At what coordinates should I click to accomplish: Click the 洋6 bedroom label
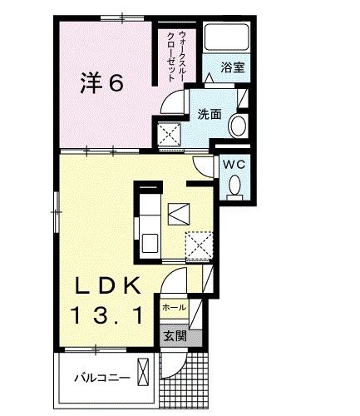[x=101, y=82]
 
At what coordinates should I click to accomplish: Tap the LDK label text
[x=108, y=286]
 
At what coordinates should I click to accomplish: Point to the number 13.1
[x=107, y=315]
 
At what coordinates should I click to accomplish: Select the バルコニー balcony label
[x=102, y=378]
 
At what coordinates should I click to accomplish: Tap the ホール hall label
[x=175, y=307]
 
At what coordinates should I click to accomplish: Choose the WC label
[x=234, y=165]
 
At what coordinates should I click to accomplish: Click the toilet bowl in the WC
[x=235, y=185]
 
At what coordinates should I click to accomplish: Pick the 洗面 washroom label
[x=210, y=114]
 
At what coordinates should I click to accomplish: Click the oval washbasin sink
[x=238, y=126]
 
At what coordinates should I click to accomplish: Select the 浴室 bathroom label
[x=233, y=67]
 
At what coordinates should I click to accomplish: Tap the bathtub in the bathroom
[x=226, y=37]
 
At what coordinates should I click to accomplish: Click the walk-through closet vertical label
[x=176, y=56]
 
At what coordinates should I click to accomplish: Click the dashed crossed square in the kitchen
[x=199, y=246]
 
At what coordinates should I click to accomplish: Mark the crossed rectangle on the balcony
[x=143, y=372]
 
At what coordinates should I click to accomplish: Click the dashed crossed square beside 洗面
[x=170, y=135]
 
